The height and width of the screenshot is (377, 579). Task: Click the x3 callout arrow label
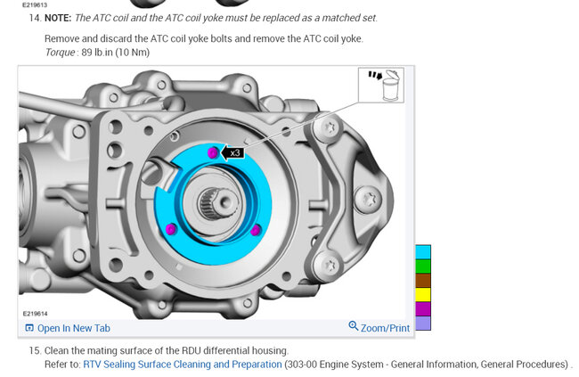pos(232,152)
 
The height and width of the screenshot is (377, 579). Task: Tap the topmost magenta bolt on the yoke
pos(213,152)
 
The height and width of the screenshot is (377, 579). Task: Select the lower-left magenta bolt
pos(170,229)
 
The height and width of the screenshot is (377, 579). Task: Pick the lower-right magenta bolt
pos(256,230)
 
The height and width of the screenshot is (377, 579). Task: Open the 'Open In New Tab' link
pos(68,328)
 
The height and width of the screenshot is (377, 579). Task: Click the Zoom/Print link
pos(385,328)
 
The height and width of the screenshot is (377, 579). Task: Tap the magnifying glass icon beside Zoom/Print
pos(354,326)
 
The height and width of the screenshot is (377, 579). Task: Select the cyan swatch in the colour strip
pos(423,252)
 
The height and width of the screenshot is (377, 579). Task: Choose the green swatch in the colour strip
pos(423,266)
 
